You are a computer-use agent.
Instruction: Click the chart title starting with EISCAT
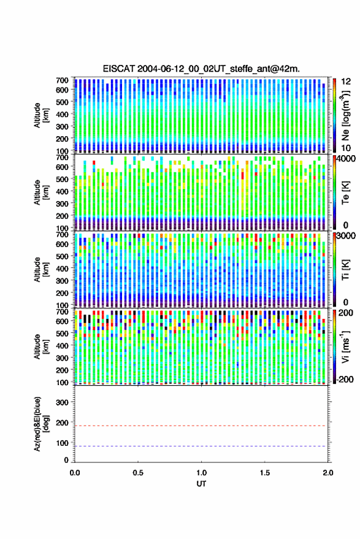click(201, 69)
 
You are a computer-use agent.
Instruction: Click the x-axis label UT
click(201, 484)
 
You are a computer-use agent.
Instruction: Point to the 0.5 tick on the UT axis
click(138, 473)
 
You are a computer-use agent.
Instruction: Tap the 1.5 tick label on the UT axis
click(265, 473)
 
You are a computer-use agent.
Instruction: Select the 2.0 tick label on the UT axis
click(328, 473)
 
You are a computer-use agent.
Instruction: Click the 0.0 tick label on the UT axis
click(75, 473)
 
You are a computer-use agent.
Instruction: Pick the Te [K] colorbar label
click(345, 193)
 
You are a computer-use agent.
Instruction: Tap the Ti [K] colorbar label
click(345, 269)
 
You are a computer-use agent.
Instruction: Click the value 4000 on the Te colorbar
click(345, 159)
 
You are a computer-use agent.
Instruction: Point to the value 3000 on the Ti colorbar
click(345, 236)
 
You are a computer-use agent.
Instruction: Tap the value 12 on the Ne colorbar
click(346, 82)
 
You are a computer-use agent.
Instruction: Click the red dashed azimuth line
click(201, 426)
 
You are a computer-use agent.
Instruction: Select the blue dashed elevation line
click(201, 446)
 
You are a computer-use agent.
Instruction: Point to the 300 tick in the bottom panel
click(63, 402)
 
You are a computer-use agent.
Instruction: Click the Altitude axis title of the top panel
click(41, 115)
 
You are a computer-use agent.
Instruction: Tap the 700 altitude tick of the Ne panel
click(62, 80)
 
